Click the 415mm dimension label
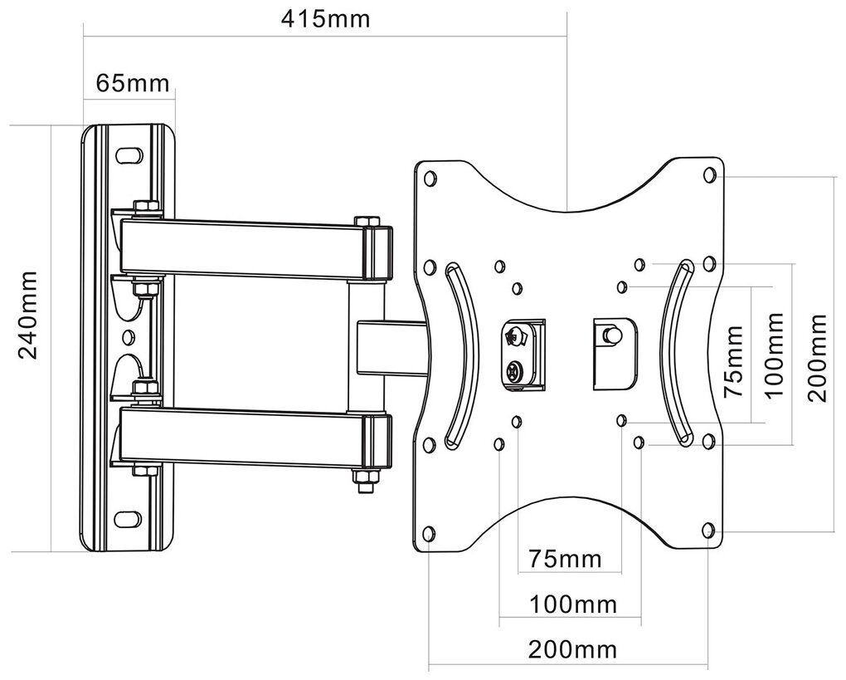pos(325,18)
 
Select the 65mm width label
pos(133,83)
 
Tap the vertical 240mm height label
pos(28,316)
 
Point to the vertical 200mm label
pos(817,358)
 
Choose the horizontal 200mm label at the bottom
pos(572,648)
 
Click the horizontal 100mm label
pos(572,604)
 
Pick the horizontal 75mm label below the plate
pos(565,559)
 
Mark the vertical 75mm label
pos(733,361)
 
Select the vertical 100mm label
pos(774,355)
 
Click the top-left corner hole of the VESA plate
pos(430,179)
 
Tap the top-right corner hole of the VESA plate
pos(710,174)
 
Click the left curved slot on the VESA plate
pos(461,355)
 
